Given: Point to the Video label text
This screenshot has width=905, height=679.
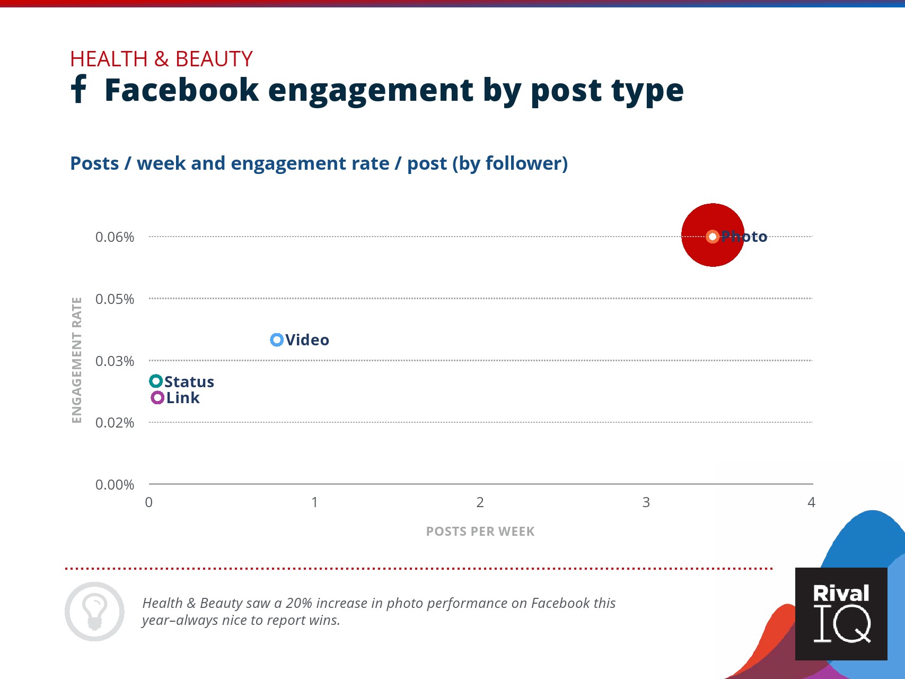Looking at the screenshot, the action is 307,340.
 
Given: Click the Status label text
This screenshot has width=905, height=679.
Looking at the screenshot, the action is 189,382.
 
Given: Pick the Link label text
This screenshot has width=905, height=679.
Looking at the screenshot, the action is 183,398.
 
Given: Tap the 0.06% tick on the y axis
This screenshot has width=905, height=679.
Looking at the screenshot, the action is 115,237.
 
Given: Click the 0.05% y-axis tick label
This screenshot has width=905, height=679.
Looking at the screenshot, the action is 115,299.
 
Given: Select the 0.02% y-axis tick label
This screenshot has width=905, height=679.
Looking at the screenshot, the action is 115,423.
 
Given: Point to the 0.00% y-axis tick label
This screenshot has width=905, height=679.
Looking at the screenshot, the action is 115,485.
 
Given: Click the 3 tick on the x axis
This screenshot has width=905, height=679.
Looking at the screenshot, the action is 646,502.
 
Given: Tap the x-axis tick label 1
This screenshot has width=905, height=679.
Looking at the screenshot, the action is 314,502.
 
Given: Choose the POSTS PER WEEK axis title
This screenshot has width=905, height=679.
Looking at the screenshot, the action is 480,532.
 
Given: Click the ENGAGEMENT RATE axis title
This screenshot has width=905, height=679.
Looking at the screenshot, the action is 77,360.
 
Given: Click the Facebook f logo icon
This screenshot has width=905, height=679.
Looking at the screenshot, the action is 78,89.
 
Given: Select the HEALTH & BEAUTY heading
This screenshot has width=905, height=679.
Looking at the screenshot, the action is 161,59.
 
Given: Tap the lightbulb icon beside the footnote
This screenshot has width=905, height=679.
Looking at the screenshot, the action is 94,612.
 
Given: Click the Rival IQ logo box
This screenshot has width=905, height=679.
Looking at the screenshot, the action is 841,614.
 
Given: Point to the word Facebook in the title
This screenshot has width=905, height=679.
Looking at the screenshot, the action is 181,90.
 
